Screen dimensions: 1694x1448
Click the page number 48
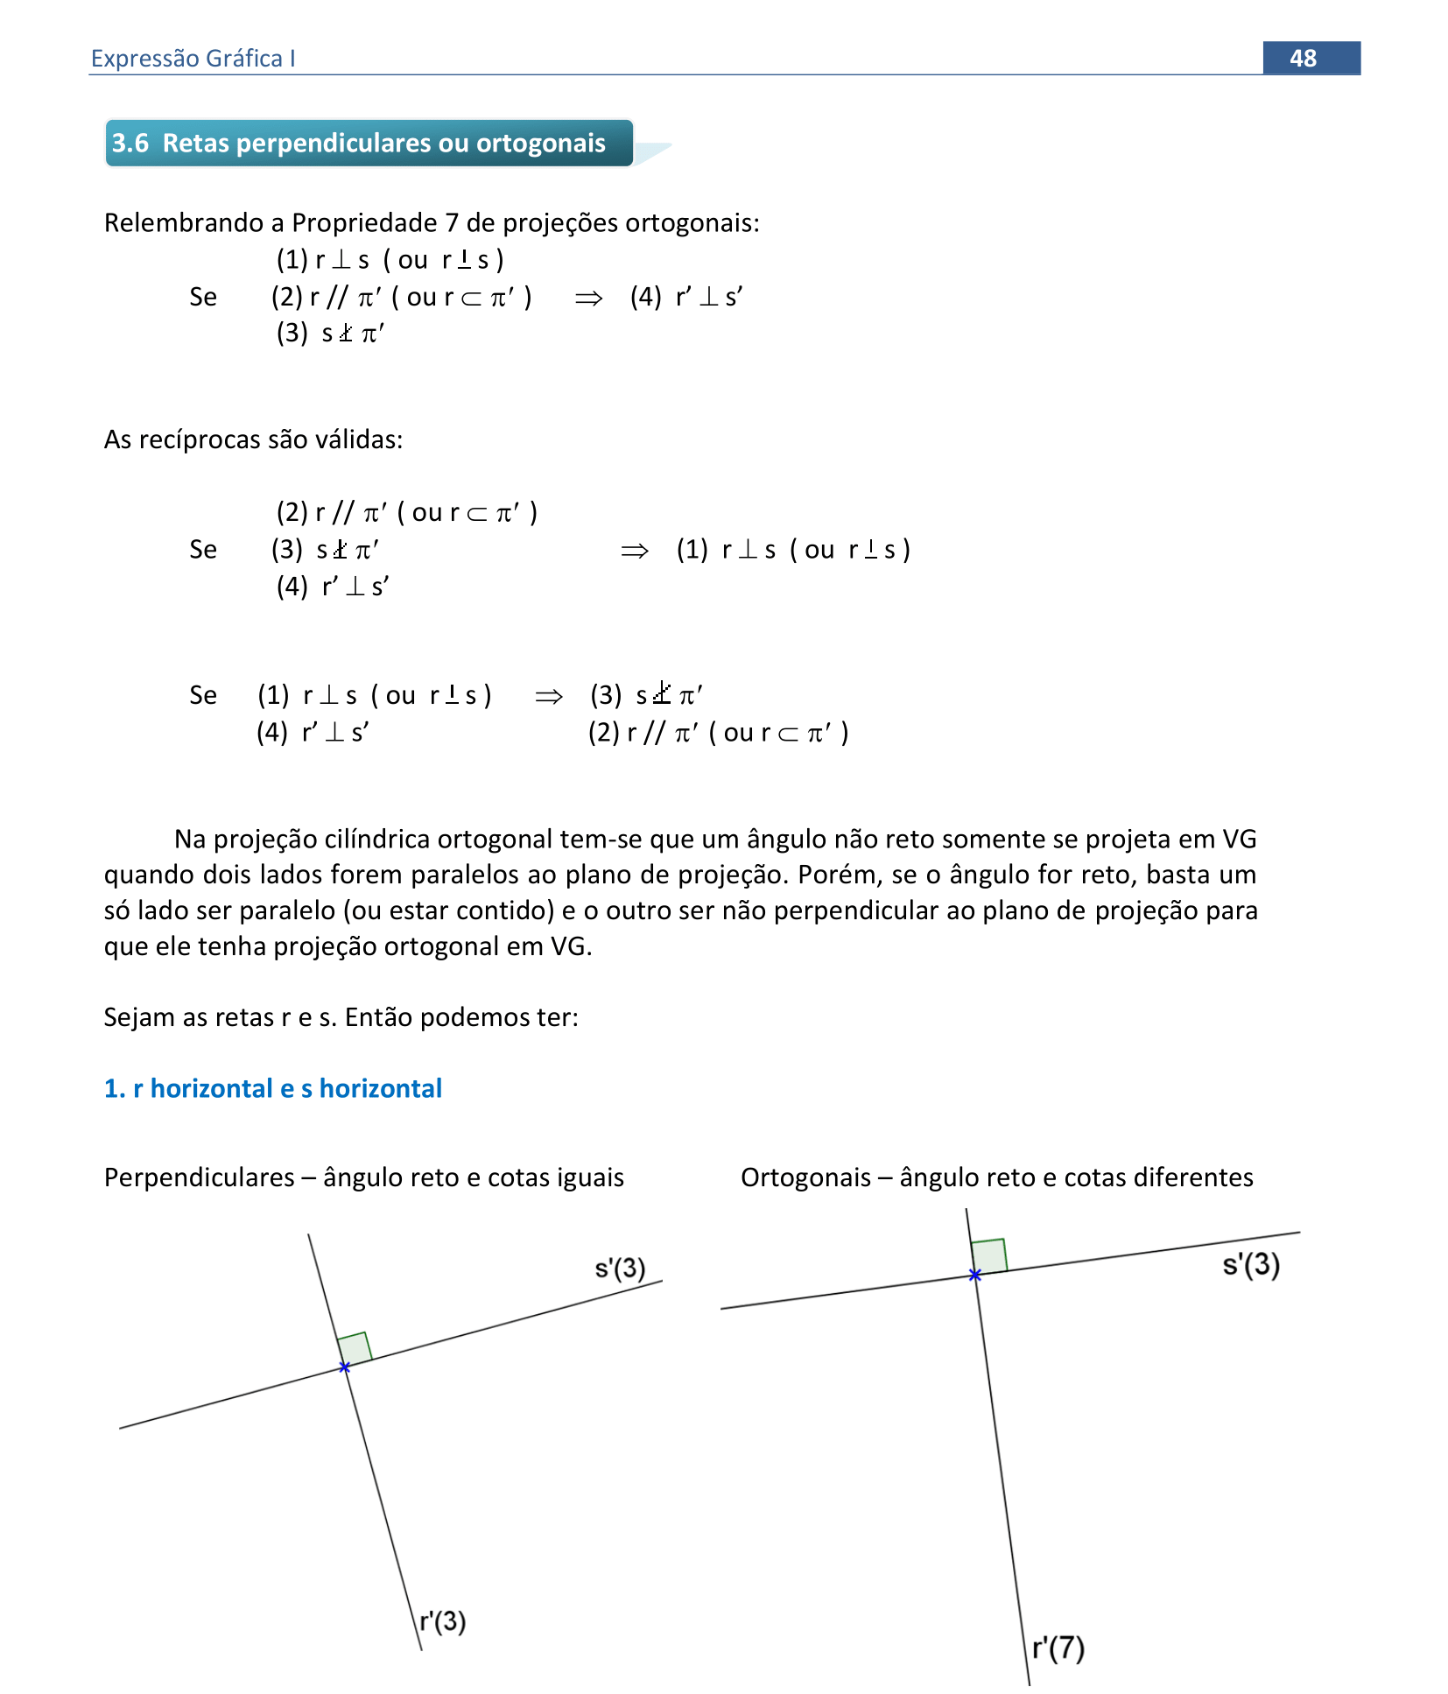(1302, 58)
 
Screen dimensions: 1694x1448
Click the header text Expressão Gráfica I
(193, 58)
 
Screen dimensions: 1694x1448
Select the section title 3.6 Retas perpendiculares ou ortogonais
(359, 143)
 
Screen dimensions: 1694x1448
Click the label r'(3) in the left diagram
(442, 1621)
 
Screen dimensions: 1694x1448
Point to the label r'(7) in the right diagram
(1058, 1648)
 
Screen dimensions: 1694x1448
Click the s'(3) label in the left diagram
(620, 1268)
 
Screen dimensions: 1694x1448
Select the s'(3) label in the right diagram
(1251, 1264)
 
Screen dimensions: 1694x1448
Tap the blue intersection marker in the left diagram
(345, 1367)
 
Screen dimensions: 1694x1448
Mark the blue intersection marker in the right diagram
(975, 1275)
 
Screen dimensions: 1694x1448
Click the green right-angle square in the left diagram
(355, 1348)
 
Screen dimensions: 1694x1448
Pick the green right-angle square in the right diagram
(989, 1256)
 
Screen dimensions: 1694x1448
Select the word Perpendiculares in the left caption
(199, 1177)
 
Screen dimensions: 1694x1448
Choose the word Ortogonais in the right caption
(805, 1177)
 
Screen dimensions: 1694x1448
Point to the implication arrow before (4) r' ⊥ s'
(588, 298)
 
